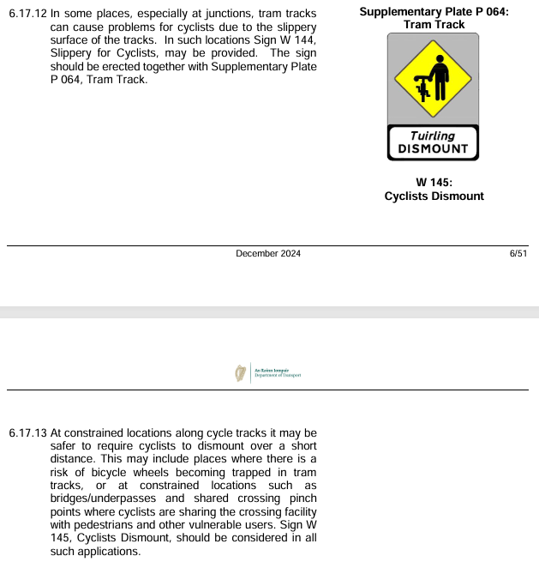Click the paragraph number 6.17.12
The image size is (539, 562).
click(x=27, y=15)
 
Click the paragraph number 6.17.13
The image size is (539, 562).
click(x=27, y=432)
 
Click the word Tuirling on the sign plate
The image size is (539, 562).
click(x=433, y=136)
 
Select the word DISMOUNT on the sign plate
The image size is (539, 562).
click(x=433, y=148)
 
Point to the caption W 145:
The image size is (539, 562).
click(x=434, y=182)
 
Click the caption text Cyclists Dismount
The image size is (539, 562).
click(x=434, y=196)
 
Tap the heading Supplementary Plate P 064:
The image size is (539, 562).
click(x=434, y=11)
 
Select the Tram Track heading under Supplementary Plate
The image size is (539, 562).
click(x=434, y=24)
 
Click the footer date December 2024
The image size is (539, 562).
click(x=268, y=254)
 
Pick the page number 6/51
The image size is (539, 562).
click(x=518, y=254)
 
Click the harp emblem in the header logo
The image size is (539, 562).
click(x=240, y=372)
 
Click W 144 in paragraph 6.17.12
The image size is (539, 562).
click(x=299, y=40)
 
